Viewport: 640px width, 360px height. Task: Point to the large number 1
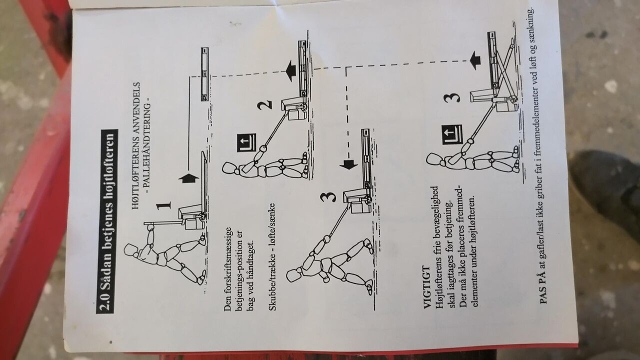163,205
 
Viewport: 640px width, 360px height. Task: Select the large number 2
264,104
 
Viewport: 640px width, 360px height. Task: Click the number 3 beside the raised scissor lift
451,97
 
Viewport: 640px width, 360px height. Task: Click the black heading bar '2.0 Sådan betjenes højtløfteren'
107,221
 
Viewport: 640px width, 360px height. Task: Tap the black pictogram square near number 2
246,143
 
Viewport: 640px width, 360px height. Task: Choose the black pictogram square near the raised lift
452,135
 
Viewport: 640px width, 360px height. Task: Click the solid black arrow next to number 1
188,178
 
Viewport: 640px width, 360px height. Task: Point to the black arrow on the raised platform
475,60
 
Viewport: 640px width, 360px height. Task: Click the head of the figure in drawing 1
131,250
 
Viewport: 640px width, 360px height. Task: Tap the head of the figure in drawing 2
229,168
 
